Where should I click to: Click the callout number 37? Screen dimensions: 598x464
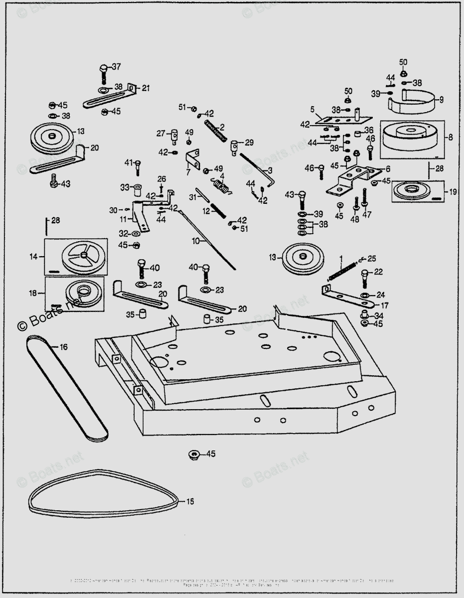pyautogui.click(x=116, y=67)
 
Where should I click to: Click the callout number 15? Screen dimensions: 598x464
pyautogui.click(x=191, y=501)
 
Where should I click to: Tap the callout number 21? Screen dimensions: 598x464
pyautogui.click(x=146, y=88)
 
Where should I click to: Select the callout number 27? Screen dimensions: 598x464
pyautogui.click(x=160, y=133)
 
